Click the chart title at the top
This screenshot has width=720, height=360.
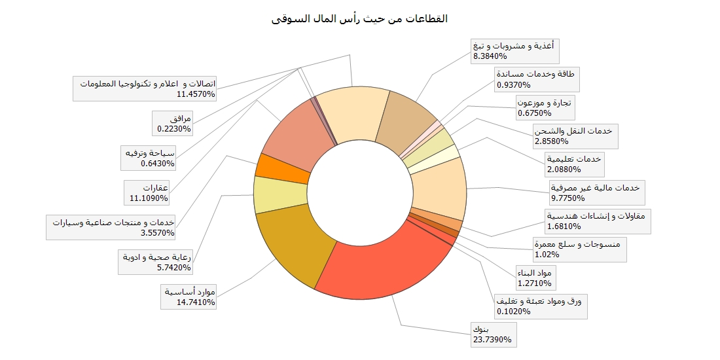359,18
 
